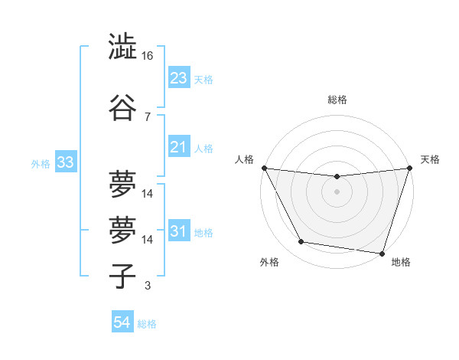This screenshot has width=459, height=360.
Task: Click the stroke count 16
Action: pos(148,56)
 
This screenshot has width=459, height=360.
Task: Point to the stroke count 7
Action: pos(148,116)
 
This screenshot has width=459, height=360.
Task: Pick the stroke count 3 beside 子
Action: pos(148,286)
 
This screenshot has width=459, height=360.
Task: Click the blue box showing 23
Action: pos(178,77)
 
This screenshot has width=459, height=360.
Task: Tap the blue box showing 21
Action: pos(178,147)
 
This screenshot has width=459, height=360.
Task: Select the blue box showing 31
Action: pos(178,231)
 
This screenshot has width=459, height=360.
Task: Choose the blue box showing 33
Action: pos(64,162)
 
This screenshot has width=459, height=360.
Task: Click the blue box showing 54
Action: pos(122,322)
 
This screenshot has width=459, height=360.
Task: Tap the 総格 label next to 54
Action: pos(147,324)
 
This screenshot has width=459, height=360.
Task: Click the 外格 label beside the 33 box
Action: pos(41,163)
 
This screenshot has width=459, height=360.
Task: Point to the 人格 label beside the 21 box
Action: pos(203,148)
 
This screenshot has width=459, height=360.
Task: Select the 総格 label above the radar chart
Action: pos(337,100)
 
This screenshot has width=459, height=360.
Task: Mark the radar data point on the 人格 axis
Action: pos(264,168)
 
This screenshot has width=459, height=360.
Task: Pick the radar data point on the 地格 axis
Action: pos(382,253)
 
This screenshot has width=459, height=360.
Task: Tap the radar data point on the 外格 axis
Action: pos(301,242)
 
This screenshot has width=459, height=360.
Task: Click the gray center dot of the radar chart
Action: pos(337,191)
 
